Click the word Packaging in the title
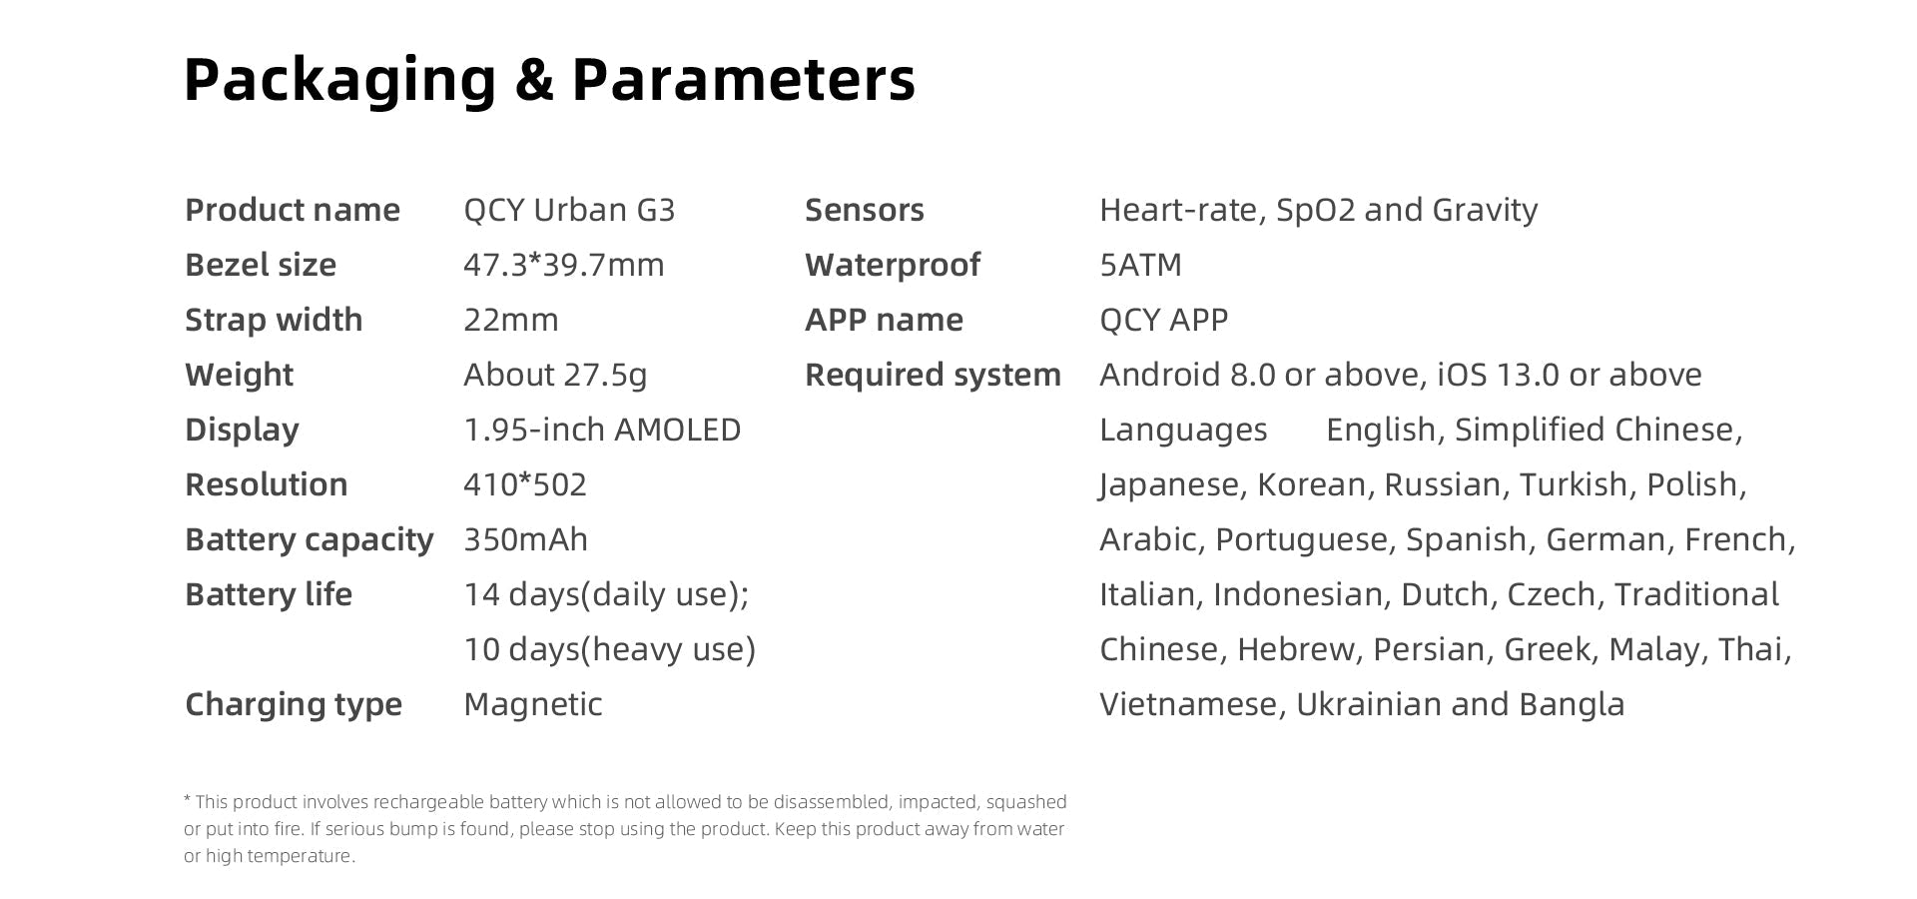(x=339, y=80)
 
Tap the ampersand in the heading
(x=534, y=79)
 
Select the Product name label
(x=293, y=210)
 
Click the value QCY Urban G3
(x=569, y=210)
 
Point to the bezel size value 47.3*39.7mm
(x=564, y=265)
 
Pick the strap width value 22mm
(x=511, y=320)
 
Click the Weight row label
(x=239, y=376)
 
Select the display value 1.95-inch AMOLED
(x=602, y=430)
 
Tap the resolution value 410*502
(x=525, y=484)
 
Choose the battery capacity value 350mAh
(x=526, y=539)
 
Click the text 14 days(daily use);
(x=606, y=594)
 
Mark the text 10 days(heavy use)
(x=609, y=649)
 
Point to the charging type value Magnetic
(x=533, y=705)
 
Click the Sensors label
(x=865, y=210)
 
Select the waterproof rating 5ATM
(x=1140, y=265)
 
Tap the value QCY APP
(x=1164, y=320)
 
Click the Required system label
(x=933, y=376)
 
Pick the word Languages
(x=1183, y=431)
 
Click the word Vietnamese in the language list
(x=1188, y=704)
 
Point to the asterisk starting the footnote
(x=188, y=799)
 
